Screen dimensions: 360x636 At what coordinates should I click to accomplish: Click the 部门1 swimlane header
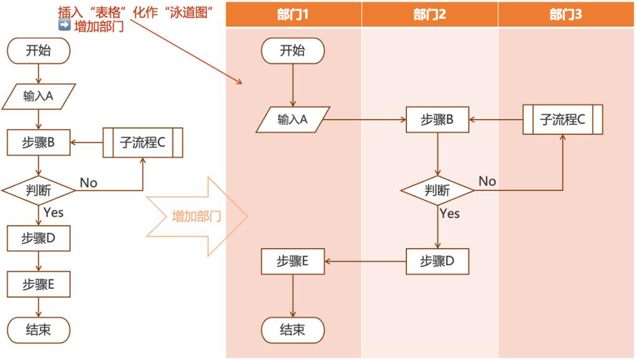[x=293, y=14]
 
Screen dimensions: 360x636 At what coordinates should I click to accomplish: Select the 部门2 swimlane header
[x=430, y=14]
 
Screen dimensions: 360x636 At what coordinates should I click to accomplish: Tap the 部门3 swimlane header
[x=566, y=14]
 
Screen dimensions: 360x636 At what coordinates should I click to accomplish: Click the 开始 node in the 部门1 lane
[x=293, y=51]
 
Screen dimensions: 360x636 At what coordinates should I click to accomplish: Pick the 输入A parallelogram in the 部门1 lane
[x=293, y=120]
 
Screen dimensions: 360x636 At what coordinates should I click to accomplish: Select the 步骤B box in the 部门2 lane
[x=437, y=120]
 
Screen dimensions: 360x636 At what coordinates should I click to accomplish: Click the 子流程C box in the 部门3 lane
[x=563, y=120]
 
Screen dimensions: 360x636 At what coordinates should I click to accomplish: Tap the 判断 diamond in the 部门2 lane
[x=437, y=191]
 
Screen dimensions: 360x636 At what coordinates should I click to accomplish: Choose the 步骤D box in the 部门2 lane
[x=437, y=261]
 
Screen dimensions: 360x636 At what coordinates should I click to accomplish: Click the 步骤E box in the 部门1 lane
[x=293, y=261]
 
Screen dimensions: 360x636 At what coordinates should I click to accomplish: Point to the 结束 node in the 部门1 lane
[x=293, y=330]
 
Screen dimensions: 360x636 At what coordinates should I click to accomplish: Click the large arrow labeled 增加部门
[x=197, y=217]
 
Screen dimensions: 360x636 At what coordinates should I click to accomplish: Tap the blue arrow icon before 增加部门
[x=63, y=26]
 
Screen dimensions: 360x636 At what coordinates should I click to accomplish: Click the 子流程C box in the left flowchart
[x=143, y=143]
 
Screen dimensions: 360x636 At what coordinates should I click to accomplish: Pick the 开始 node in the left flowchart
[x=38, y=51]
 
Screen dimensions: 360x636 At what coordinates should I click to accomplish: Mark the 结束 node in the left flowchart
[x=38, y=330]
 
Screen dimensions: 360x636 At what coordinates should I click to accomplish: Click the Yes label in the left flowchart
[x=53, y=212]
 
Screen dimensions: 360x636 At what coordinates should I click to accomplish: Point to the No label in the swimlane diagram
[x=487, y=181]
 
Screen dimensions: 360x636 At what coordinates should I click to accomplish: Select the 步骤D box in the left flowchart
[x=38, y=238]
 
